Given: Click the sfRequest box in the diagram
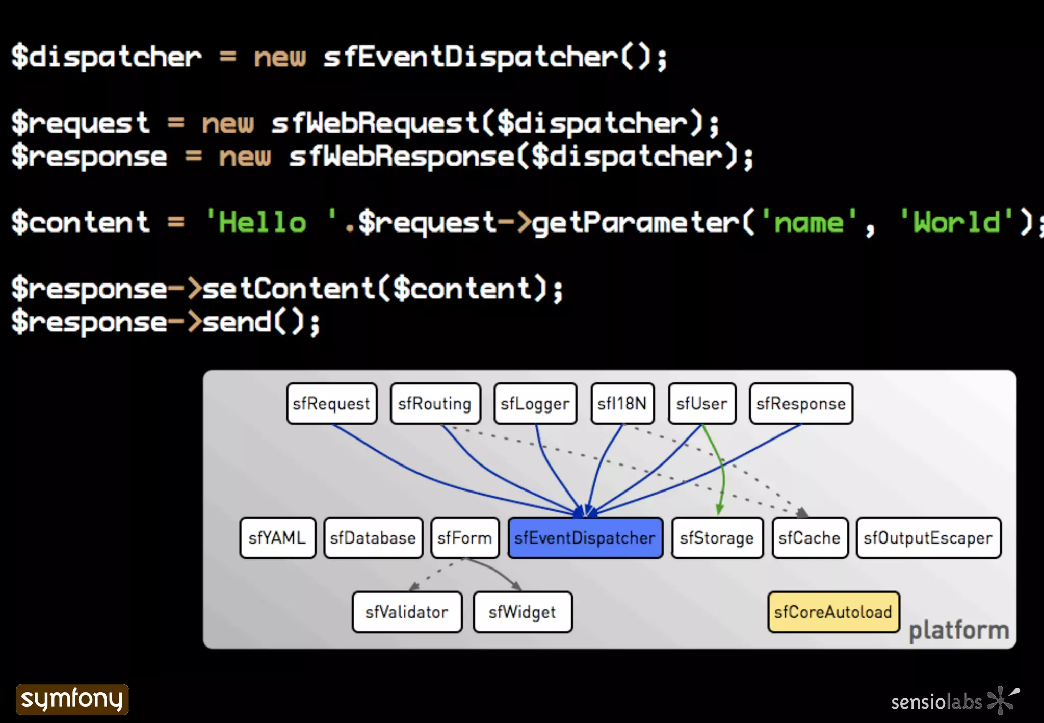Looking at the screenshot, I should pyautogui.click(x=331, y=404).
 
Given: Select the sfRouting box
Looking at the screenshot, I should pyautogui.click(x=435, y=404).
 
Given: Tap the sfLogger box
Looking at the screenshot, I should pyautogui.click(x=535, y=404).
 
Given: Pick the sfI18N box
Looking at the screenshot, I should pyautogui.click(x=622, y=404).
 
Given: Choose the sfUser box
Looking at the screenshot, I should pyautogui.click(x=702, y=404).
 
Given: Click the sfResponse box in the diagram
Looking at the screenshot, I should pyautogui.click(x=801, y=404).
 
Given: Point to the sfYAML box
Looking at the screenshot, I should pyautogui.click(x=277, y=538).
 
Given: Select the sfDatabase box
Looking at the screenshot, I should pyautogui.click(x=373, y=538).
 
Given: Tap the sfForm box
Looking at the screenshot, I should pyautogui.click(x=464, y=538).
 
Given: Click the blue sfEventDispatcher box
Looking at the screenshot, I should pyautogui.click(x=585, y=538).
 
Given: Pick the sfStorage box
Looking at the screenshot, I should pyautogui.click(x=717, y=538).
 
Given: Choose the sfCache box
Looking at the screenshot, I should pyautogui.click(x=810, y=538).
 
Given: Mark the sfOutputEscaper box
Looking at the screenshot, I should pyautogui.click(x=928, y=538).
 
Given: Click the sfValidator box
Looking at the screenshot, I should pyautogui.click(x=407, y=612).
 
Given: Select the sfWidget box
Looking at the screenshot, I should pyautogui.click(x=522, y=612).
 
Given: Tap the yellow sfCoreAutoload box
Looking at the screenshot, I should pyautogui.click(x=833, y=612).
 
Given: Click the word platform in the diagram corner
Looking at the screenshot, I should pyautogui.click(x=959, y=631).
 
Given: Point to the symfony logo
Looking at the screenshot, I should pyautogui.click(x=72, y=699).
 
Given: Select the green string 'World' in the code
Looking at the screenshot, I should pyautogui.click(x=956, y=222).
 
